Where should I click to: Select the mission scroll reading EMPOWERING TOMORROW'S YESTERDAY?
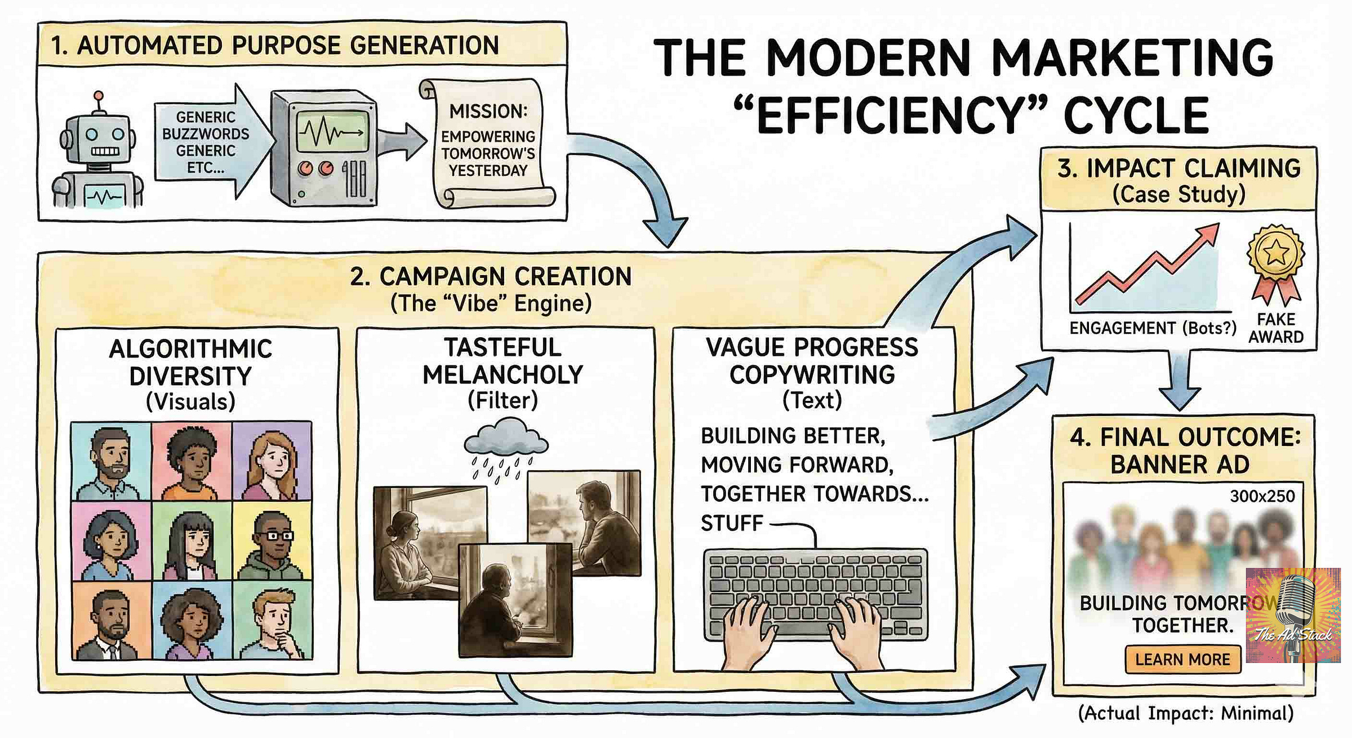pyautogui.click(x=488, y=144)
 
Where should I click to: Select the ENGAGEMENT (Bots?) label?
pyautogui.click(x=1153, y=328)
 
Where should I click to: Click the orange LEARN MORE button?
pyautogui.click(x=1182, y=659)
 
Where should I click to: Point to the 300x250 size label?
pyautogui.click(x=1262, y=496)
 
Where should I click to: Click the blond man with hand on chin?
pyautogui.click(x=274, y=623)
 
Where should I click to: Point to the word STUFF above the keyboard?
pyautogui.click(x=731, y=524)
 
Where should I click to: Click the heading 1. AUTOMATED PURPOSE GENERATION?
pyautogui.click(x=275, y=46)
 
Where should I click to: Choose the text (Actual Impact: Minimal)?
pyautogui.click(x=1185, y=713)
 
